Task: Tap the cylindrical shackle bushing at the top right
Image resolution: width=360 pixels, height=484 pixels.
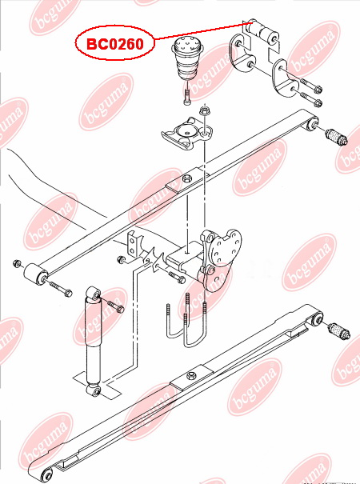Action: pos(263,31)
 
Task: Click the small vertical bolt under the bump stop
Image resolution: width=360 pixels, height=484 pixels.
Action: pos(186,98)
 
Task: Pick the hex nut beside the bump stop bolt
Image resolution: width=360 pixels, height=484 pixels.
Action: pos(205,110)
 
